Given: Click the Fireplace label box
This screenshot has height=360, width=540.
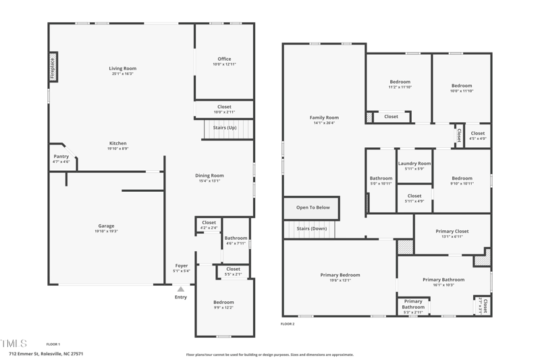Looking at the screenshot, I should (x=53, y=68).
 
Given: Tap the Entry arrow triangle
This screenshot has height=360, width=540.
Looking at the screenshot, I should (x=180, y=289).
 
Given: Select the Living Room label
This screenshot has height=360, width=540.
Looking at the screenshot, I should (x=123, y=68).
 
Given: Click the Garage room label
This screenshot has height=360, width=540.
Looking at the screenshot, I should (x=106, y=226).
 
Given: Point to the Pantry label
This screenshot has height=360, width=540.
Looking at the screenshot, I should (x=61, y=157).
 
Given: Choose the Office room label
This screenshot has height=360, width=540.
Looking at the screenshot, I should (x=224, y=59).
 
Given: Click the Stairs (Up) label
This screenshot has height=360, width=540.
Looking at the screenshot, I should (x=225, y=128).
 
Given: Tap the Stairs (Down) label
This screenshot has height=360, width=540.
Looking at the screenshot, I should (x=312, y=229).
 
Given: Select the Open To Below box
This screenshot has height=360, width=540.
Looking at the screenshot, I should (x=313, y=207).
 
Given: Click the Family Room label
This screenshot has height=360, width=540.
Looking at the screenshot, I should (x=324, y=118).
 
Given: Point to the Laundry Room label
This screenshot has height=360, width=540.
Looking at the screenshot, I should (x=414, y=163).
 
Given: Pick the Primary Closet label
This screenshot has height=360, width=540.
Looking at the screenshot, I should (x=452, y=231).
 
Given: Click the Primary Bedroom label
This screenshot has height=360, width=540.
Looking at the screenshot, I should (x=340, y=275).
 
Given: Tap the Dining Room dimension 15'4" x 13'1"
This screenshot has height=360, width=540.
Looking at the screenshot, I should (x=210, y=181).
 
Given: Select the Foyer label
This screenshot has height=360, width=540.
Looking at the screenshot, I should (x=182, y=266).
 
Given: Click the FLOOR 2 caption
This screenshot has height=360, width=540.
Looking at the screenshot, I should (x=288, y=324).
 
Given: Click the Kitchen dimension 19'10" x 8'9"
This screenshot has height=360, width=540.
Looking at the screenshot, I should (x=118, y=149).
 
